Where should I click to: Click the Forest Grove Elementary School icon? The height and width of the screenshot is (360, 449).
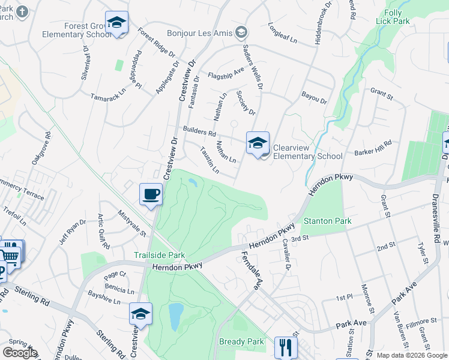tap(117, 23)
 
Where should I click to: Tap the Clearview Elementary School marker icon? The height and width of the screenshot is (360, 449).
tap(258, 143)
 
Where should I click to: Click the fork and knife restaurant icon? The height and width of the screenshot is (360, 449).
tap(286, 347)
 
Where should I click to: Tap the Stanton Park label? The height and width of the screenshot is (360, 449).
tap(327, 221)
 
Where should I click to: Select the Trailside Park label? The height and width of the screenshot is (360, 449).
tap(159, 255)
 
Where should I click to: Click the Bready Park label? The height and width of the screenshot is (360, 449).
tap(241, 342)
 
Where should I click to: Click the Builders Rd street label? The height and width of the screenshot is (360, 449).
tap(199, 131)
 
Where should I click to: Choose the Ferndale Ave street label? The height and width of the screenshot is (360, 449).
tap(252, 267)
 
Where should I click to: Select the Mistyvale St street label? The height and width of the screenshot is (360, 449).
tap(132, 222)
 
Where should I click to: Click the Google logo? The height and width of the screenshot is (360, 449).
tap(20, 353)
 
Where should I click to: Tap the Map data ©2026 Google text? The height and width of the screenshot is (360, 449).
tap(412, 355)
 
